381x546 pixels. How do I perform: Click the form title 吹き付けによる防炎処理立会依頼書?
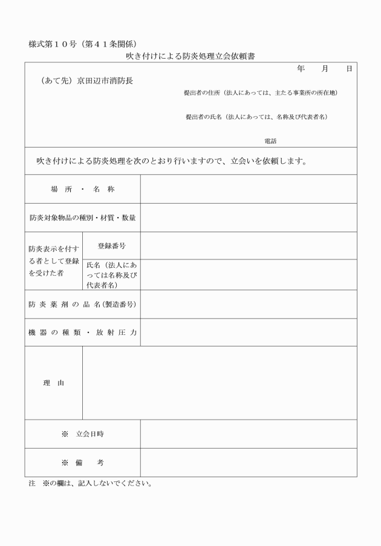click(x=190, y=56)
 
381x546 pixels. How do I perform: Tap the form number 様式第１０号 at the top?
click(x=54, y=44)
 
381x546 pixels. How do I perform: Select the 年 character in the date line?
click(x=301, y=69)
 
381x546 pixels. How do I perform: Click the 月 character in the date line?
click(x=325, y=69)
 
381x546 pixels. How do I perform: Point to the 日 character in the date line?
click(x=349, y=69)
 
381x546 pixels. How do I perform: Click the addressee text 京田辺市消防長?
click(x=105, y=80)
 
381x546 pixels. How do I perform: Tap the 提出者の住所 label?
click(x=203, y=93)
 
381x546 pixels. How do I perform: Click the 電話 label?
click(x=270, y=140)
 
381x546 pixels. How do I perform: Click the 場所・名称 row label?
click(x=82, y=189)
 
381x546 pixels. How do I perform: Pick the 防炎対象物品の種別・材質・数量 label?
click(x=82, y=218)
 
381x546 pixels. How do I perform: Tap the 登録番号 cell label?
click(x=111, y=246)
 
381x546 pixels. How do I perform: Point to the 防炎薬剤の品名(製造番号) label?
click(x=82, y=304)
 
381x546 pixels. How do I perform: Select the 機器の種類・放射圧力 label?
click(x=82, y=332)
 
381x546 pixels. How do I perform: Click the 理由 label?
click(x=53, y=383)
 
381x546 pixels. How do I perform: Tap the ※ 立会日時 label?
click(x=82, y=434)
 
